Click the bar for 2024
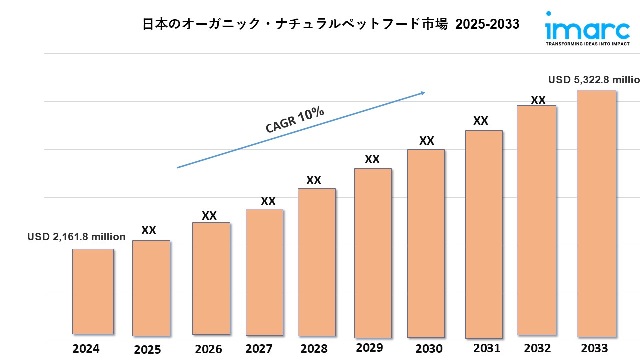[x=93, y=291]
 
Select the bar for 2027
[x=264, y=272]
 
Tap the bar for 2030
[x=426, y=243]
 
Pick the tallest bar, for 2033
[x=596, y=213]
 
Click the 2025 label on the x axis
[x=147, y=349]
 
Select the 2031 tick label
[x=486, y=348]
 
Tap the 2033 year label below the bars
[x=595, y=348]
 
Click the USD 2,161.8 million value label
[x=76, y=237]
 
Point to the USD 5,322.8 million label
[x=594, y=80]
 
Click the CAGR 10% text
[x=295, y=120]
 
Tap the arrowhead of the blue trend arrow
[x=422, y=92]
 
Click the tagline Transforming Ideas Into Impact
[x=587, y=44]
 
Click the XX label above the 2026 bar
[x=209, y=216]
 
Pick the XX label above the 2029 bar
[x=372, y=159]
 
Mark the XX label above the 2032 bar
[x=538, y=100]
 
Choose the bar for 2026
[x=211, y=278]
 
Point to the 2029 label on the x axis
[x=370, y=347]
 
